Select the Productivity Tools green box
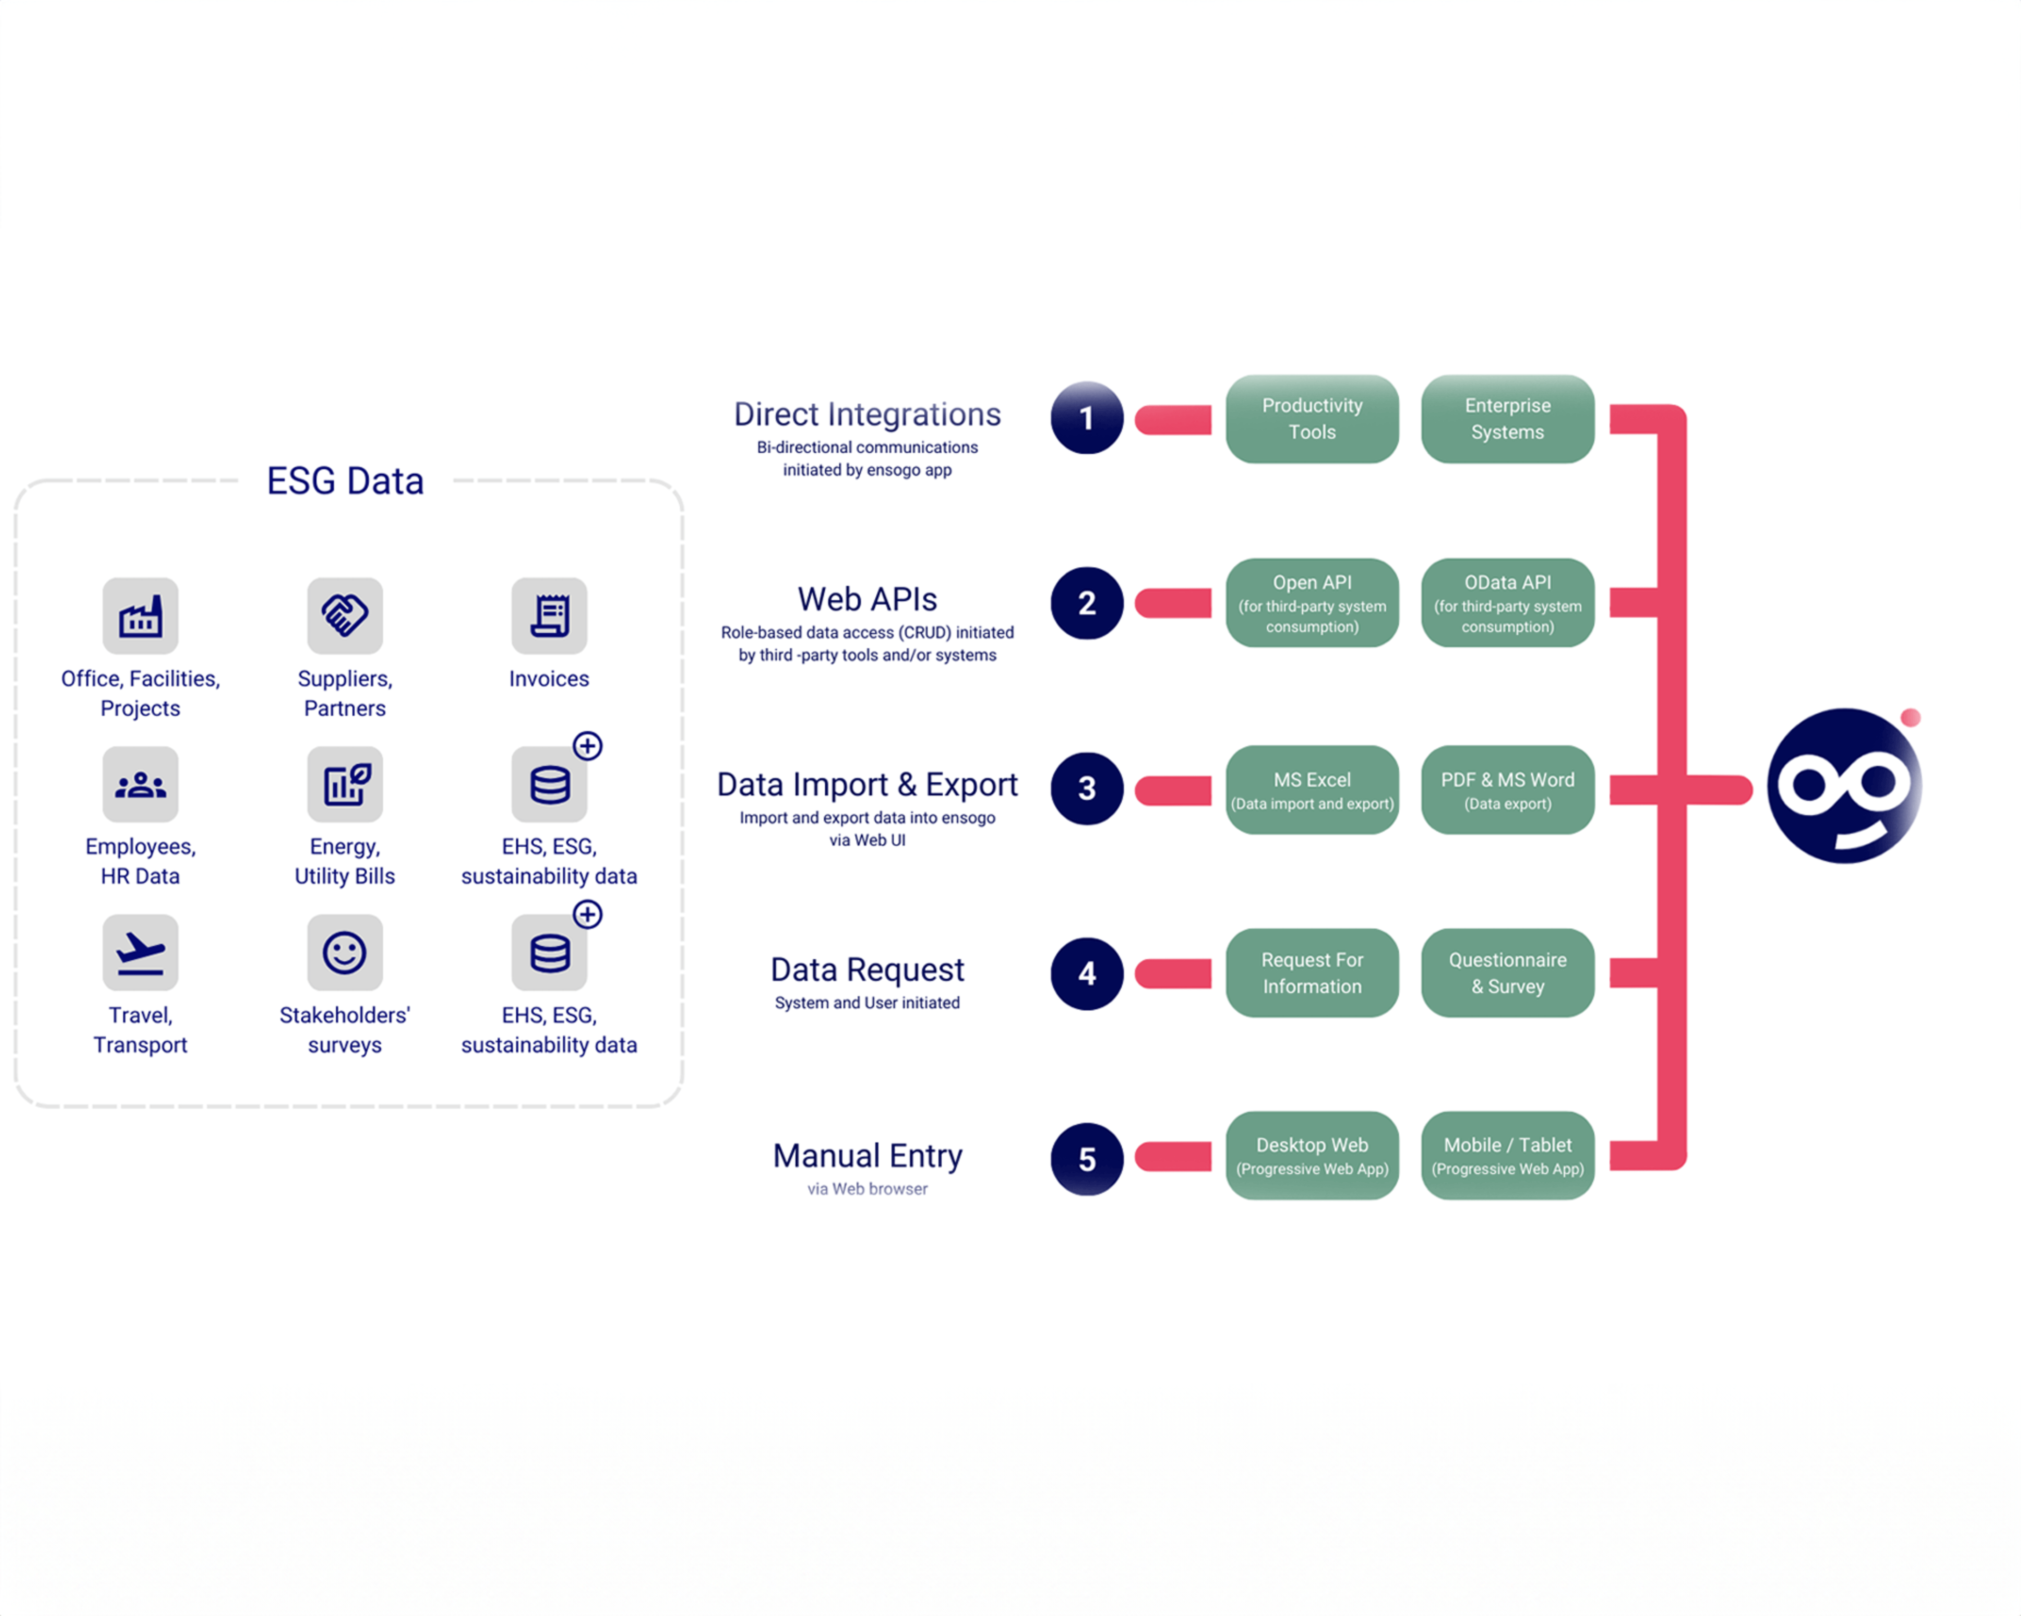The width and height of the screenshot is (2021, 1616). point(1311,418)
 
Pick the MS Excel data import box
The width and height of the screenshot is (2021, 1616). point(1311,789)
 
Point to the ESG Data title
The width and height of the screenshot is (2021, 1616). point(345,481)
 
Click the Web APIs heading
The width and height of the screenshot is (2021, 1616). point(867,599)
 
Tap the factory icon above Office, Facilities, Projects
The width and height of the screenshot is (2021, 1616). point(141,616)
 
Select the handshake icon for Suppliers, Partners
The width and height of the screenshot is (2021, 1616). point(345,616)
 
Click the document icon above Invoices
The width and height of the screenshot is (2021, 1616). point(549,616)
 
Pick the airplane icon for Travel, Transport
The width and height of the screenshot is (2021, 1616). point(141,952)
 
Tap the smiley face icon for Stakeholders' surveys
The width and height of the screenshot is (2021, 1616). point(345,952)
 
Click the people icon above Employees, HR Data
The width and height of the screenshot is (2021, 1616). point(141,784)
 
